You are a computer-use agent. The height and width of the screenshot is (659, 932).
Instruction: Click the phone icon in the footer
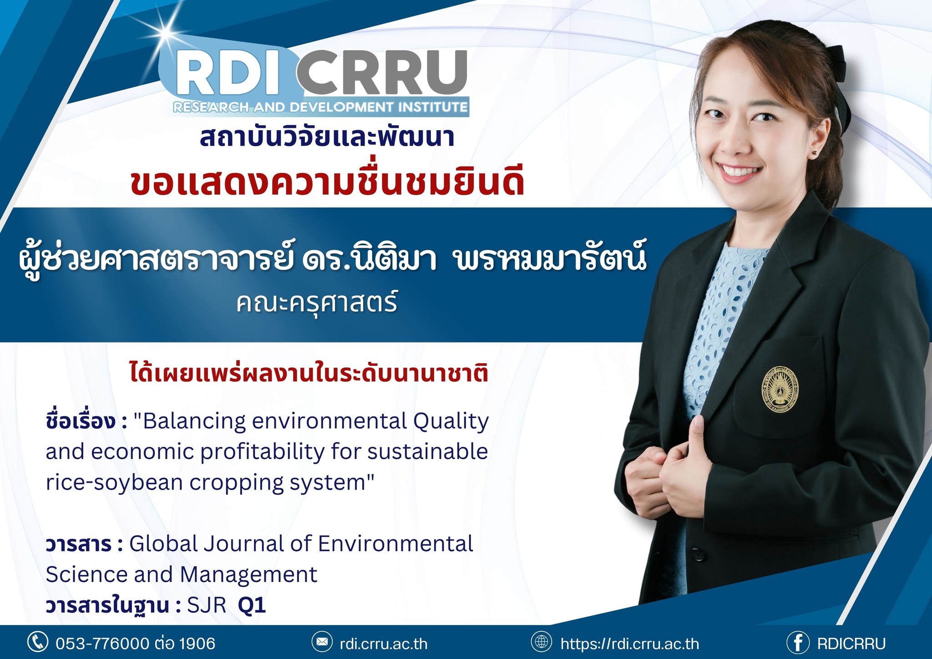tap(38, 642)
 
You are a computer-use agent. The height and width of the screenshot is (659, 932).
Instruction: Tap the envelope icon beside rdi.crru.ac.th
tap(322, 642)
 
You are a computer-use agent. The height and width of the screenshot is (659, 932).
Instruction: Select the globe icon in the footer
tap(541, 642)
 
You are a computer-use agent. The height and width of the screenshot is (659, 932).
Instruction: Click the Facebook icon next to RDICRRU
tap(798, 642)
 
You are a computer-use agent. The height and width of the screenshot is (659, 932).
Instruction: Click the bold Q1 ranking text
tap(252, 605)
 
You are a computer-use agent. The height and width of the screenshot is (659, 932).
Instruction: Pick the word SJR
tap(207, 605)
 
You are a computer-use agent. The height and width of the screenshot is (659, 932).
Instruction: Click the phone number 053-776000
tap(102, 643)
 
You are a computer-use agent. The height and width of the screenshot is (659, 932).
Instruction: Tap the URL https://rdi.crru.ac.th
tap(630, 644)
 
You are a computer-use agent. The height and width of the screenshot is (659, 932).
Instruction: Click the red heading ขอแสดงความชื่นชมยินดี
tap(327, 182)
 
